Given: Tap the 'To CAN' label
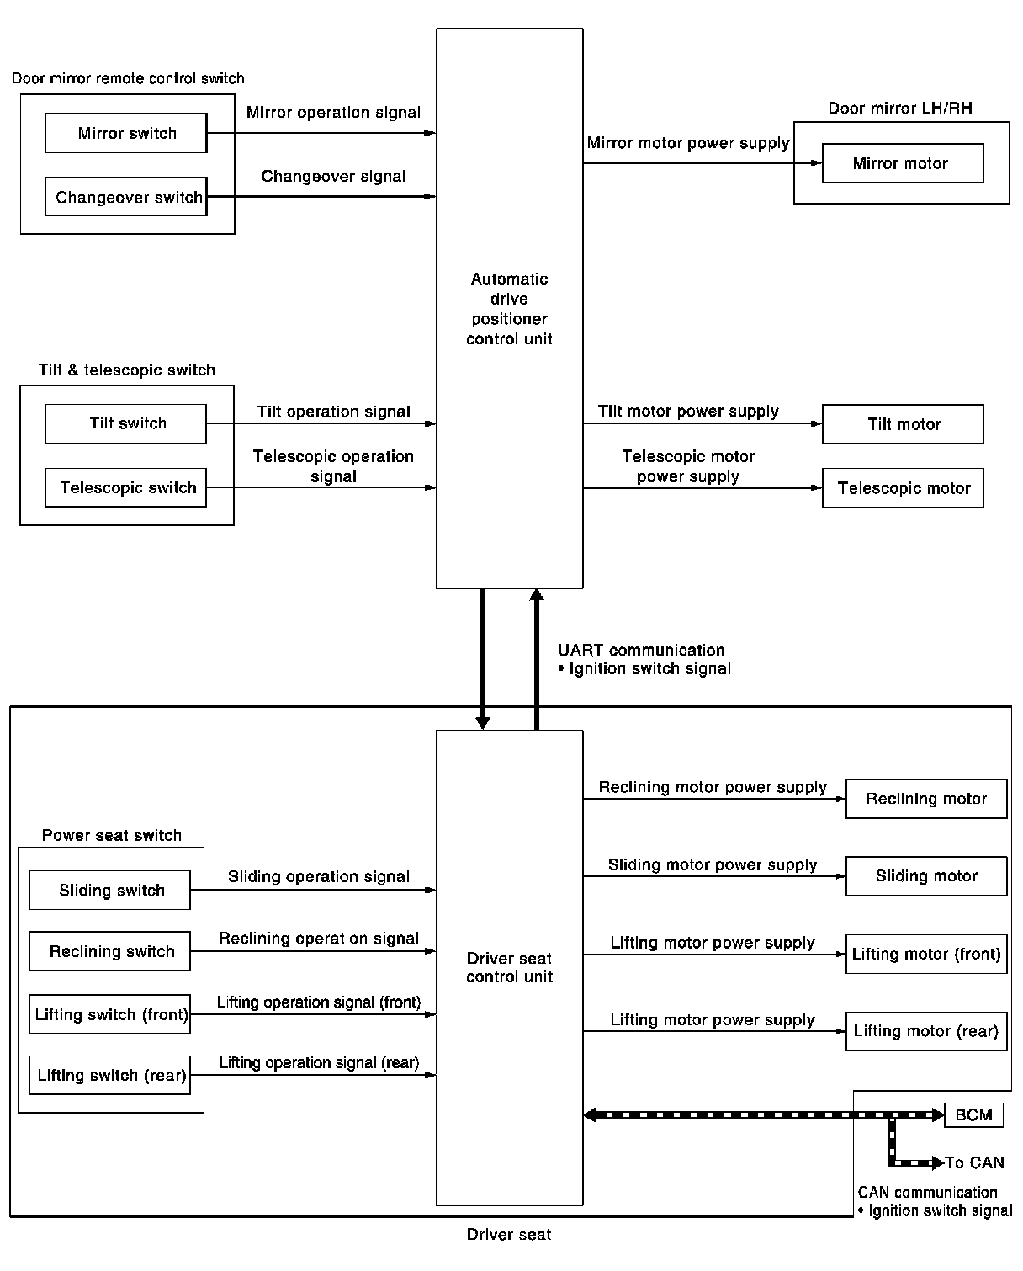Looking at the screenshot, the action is click(x=974, y=1163).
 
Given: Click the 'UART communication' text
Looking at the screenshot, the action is click(x=641, y=650).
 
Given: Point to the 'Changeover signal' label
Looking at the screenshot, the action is click(x=333, y=176).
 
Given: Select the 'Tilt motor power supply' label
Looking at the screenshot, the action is click(x=688, y=411).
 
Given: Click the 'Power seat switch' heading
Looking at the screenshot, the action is click(x=112, y=835).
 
